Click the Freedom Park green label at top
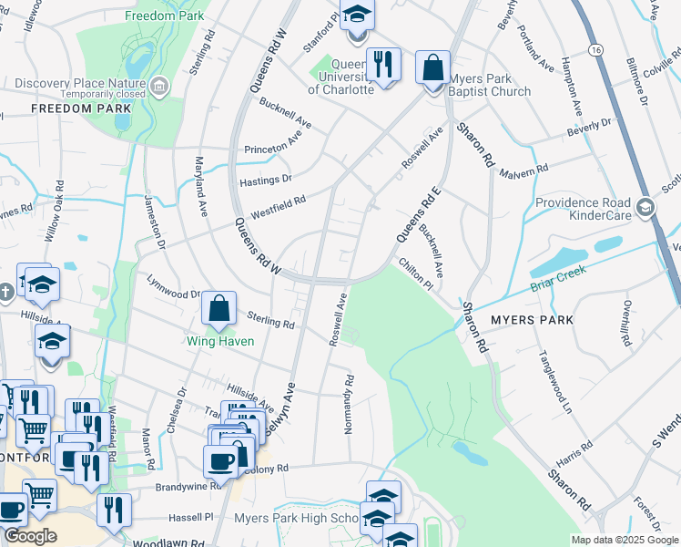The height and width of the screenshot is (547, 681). (166, 16)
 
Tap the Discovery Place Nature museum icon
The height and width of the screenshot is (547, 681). (159, 87)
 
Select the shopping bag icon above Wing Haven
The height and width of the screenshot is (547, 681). (219, 310)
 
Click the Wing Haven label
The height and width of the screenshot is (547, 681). (219, 342)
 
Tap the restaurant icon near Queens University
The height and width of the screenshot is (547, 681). (382, 66)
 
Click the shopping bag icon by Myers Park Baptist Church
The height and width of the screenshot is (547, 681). (433, 67)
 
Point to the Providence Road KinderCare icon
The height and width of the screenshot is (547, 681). (645, 208)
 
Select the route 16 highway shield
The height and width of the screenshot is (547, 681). (595, 47)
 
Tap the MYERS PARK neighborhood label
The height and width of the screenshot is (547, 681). (533, 320)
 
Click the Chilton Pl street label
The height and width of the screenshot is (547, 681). (416, 274)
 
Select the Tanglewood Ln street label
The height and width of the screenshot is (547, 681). (554, 382)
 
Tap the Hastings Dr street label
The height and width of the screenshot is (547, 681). (265, 181)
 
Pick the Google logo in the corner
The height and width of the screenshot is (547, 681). (30, 536)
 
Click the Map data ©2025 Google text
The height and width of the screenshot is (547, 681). (625, 540)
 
